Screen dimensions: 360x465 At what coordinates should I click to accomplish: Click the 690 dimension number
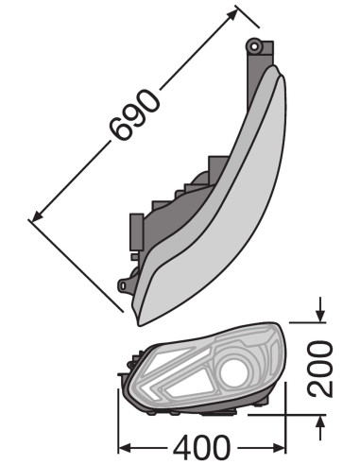click(134, 114)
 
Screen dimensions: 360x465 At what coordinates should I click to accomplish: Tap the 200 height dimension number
click(320, 369)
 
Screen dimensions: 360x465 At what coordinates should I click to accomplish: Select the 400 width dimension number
click(201, 447)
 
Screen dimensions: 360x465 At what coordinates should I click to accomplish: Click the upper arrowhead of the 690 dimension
click(231, 15)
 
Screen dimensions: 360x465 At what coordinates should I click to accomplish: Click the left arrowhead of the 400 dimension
click(126, 447)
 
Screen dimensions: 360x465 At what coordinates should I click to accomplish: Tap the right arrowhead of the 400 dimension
click(279, 447)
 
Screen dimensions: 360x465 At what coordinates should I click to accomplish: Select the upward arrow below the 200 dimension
click(320, 427)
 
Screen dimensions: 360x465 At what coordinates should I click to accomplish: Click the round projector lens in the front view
click(234, 372)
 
